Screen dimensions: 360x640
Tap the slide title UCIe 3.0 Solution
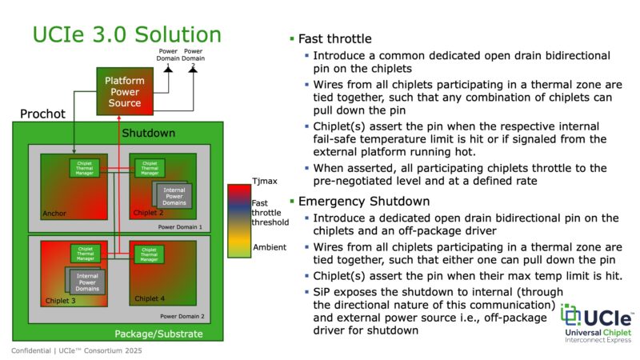coord(126,35)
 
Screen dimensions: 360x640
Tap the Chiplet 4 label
coord(150,298)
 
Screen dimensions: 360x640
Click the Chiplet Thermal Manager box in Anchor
coord(83,168)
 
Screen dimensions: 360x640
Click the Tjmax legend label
coord(265,182)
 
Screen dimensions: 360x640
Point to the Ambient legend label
coord(270,247)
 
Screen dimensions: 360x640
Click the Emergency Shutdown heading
coord(358,201)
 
